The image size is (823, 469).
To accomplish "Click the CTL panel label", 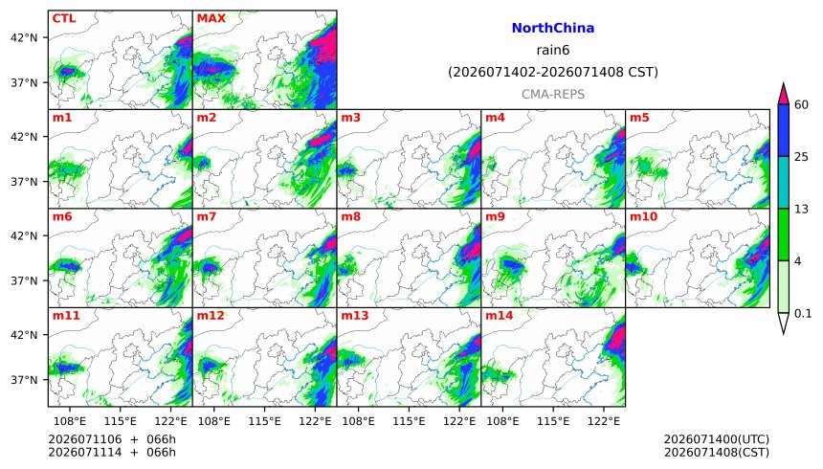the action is coord(64,18).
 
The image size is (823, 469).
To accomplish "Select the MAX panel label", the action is coord(211,18).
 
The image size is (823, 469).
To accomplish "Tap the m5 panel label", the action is coord(639,118).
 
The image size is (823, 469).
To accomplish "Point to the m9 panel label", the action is coord(495,216).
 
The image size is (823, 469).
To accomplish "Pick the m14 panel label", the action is coord(500,315).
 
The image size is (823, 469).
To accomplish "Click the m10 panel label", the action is coord(643,216).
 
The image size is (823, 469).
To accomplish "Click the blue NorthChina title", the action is coord(553,28).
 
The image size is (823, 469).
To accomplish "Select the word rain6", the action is coord(553,50).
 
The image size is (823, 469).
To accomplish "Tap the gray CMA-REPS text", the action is coord(553,95).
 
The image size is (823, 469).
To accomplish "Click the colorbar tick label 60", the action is coord(801,104).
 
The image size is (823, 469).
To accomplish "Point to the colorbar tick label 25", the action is coord(801,157).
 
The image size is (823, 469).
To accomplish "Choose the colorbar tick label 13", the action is coord(801,209).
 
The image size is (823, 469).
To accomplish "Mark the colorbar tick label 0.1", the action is coord(803,314).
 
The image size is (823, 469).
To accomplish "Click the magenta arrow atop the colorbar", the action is coord(783,95).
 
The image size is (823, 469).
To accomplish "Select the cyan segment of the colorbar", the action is coord(783,183).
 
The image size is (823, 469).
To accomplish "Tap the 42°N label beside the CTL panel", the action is coord(24,38).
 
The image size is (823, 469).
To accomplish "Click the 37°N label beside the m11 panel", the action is coord(24,379).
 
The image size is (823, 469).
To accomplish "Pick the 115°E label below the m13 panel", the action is coord(409,421).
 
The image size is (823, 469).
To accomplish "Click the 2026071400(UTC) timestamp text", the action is coord(717,439).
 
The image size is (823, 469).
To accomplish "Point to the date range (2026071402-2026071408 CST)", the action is coord(553,72).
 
